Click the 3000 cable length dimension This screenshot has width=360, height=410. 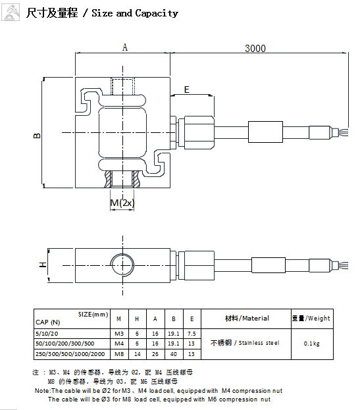point(255,49)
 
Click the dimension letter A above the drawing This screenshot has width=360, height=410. point(125,47)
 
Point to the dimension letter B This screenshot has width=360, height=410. point(37,136)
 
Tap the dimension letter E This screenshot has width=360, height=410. point(187,90)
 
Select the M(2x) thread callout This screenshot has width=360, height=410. point(122,203)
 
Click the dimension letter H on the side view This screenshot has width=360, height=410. point(43,265)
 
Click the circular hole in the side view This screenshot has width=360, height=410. point(122,265)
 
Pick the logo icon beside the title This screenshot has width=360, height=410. point(11,13)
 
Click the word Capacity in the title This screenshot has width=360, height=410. point(157,13)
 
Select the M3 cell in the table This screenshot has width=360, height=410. point(119,334)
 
